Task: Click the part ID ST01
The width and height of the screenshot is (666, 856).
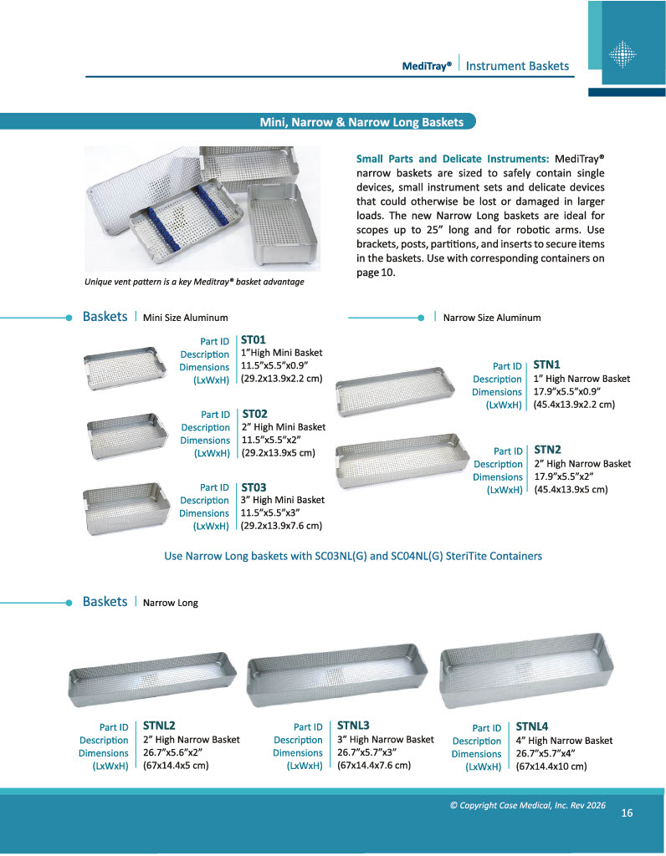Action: (x=253, y=340)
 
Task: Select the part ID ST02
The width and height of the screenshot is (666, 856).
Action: (x=254, y=413)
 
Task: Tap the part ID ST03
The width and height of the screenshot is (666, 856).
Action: (x=254, y=487)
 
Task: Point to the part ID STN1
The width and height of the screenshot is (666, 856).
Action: (x=546, y=364)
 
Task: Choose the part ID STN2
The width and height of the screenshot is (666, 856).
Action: (x=547, y=450)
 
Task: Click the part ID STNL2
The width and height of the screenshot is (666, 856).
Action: (x=159, y=726)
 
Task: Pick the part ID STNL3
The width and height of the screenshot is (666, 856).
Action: (x=353, y=726)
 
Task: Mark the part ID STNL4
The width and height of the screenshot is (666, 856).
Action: (x=532, y=726)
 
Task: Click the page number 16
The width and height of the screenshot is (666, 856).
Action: (x=627, y=813)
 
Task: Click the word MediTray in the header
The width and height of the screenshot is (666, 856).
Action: (x=427, y=66)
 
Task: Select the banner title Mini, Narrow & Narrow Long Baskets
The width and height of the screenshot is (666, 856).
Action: (x=361, y=122)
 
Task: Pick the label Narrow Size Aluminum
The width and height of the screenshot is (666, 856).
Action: (x=492, y=318)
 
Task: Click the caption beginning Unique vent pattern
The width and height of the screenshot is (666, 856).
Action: (x=194, y=282)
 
